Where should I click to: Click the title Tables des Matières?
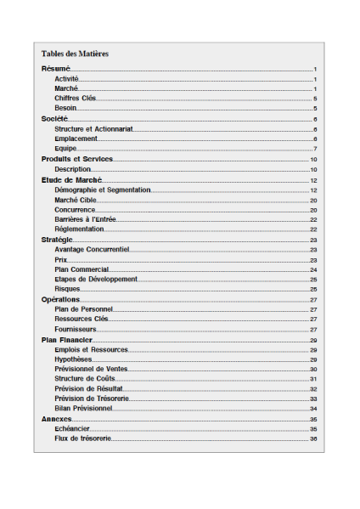[75, 54]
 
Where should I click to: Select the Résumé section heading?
[56, 68]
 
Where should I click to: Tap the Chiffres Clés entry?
[76, 99]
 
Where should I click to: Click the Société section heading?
[56, 119]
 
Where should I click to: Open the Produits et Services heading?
[77, 160]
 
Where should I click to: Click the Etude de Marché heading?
[72, 180]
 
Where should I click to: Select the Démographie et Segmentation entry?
[102, 190]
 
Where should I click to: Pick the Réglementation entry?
[79, 229]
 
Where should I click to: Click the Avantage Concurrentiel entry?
[92, 250]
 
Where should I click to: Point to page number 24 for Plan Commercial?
[313, 269]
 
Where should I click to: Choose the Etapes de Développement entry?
[95, 279]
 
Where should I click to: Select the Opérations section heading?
[61, 299]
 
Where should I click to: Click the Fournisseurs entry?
[76, 329]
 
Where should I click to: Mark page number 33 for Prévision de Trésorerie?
[313, 399]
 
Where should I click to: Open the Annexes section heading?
[57, 419]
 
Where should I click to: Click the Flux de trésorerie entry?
[82, 438]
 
